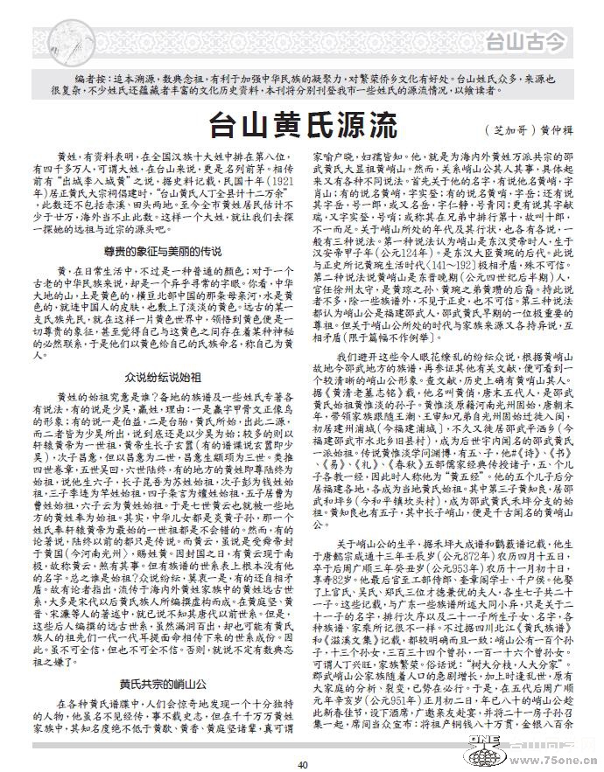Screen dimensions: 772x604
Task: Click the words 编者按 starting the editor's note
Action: [89, 79]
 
